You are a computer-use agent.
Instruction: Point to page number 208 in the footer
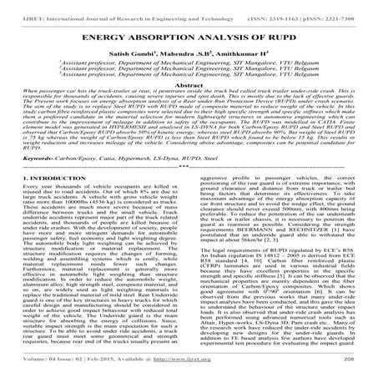tap(362, 370)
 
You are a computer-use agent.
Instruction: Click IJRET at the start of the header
tap(14, 7)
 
